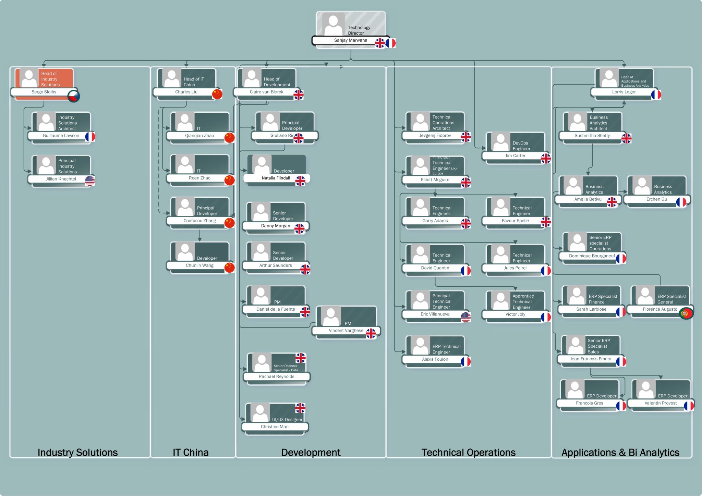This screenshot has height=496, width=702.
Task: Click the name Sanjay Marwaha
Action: pyautogui.click(x=350, y=40)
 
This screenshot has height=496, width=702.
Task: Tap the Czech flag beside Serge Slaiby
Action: pyautogui.click(x=73, y=96)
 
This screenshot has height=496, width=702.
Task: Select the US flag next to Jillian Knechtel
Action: pyautogui.click(x=90, y=181)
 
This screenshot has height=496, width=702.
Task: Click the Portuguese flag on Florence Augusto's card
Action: pyautogui.click(x=686, y=313)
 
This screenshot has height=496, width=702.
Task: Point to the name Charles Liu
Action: pyautogui.click(x=186, y=92)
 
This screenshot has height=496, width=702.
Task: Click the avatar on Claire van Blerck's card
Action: pyautogui.click(x=252, y=78)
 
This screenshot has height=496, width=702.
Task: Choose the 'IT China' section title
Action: pyautogui.click(x=191, y=452)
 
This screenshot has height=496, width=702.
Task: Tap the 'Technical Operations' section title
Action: pyautogui.click(x=468, y=452)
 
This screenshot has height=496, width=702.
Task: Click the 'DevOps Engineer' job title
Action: pyautogui.click(x=521, y=146)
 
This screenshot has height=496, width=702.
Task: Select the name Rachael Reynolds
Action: pyautogui.click(x=276, y=376)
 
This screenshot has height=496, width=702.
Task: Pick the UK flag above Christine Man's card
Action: pyautogui.click(x=300, y=408)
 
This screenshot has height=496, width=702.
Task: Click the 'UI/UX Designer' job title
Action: pyautogui.click(x=287, y=420)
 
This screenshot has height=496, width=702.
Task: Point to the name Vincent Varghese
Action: pyautogui.click(x=346, y=331)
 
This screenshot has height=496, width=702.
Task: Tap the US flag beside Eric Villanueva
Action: pyautogui.click(x=465, y=317)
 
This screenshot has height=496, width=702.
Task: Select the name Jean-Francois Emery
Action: pyautogui.click(x=590, y=359)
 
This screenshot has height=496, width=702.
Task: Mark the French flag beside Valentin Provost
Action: pyautogui.click(x=689, y=406)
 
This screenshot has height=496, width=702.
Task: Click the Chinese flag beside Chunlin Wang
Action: pyautogui.click(x=229, y=268)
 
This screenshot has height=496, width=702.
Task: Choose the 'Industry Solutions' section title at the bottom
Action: pyautogui.click(x=77, y=452)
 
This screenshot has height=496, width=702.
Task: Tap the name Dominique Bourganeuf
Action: pyautogui.click(x=592, y=256)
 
